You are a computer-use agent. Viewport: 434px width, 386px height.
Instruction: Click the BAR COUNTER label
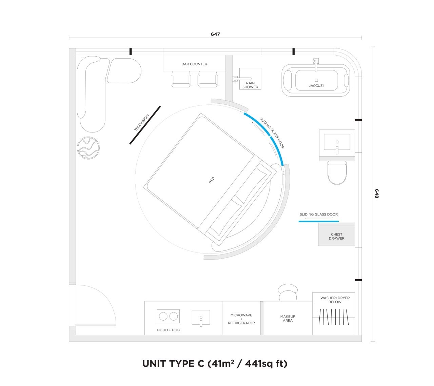[x=194, y=64]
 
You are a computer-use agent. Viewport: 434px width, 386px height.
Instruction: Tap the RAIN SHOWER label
[x=250, y=85]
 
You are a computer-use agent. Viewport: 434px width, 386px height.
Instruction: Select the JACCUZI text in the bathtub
[x=316, y=86]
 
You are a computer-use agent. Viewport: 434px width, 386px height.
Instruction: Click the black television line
[x=145, y=125]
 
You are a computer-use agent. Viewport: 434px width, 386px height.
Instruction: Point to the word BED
[x=212, y=181]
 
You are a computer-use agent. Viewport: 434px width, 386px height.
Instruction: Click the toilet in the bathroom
[x=337, y=172]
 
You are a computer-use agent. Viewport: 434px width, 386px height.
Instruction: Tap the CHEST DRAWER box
[x=336, y=236]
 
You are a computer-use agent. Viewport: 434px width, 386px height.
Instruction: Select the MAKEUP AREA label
[x=288, y=319]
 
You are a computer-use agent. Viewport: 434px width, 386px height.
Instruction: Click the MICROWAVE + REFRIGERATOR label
[x=241, y=319]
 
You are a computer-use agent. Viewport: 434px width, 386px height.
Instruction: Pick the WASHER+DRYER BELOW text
[x=335, y=300]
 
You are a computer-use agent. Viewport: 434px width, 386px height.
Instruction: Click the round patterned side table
[x=88, y=148]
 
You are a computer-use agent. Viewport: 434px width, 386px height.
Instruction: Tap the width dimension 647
[x=215, y=34]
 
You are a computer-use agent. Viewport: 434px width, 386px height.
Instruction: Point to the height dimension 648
[x=377, y=194]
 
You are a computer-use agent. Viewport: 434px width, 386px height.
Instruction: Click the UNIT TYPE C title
[x=215, y=364]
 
